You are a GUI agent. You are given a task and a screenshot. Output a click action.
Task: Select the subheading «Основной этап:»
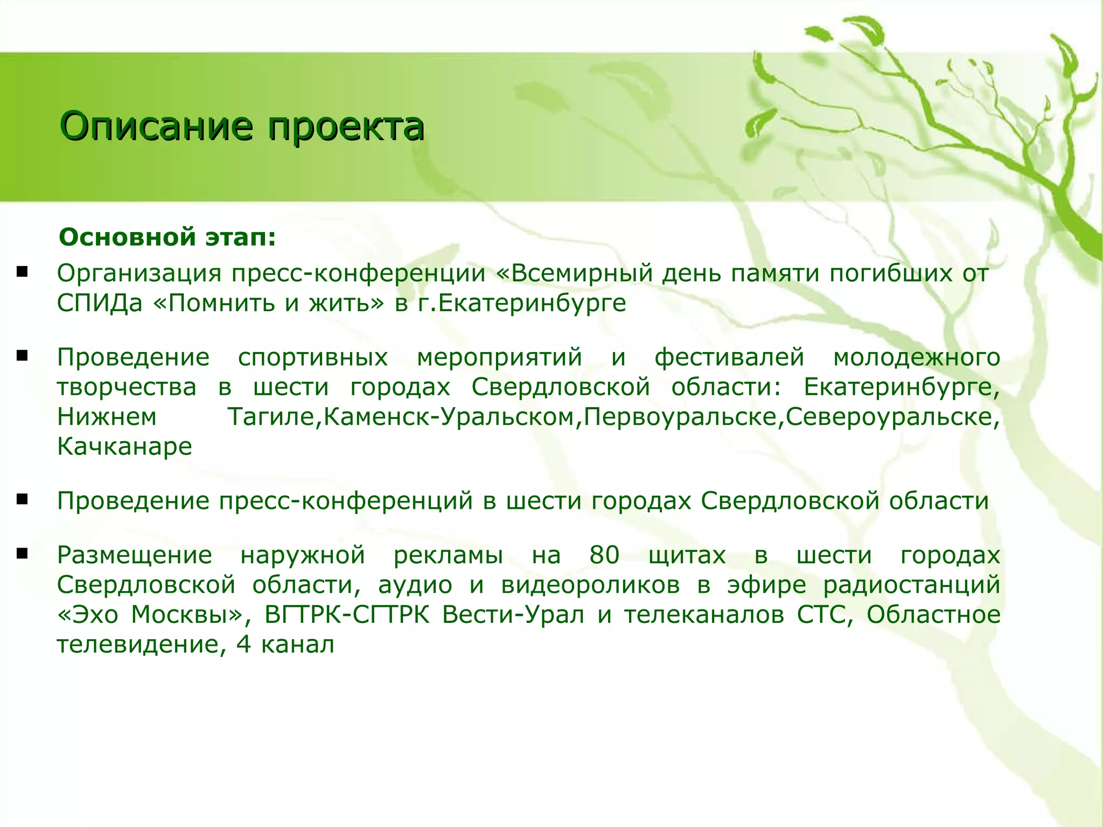pyautogui.click(x=167, y=237)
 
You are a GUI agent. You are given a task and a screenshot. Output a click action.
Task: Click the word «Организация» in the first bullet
pyautogui.click(x=139, y=274)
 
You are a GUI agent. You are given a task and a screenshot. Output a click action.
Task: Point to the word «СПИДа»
pyautogui.click(x=100, y=304)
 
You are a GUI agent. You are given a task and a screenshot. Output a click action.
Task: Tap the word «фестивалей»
pyautogui.click(x=729, y=358)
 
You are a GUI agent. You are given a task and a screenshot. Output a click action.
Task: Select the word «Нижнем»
pyautogui.click(x=107, y=417)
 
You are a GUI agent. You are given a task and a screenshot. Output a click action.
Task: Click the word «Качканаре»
pyautogui.click(x=124, y=447)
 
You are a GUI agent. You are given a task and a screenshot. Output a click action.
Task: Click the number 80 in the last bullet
pyautogui.click(x=604, y=555)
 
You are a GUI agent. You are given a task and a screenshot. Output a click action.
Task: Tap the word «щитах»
pyautogui.click(x=687, y=555)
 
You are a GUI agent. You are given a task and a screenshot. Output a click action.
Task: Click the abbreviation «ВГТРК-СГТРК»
pyautogui.click(x=347, y=615)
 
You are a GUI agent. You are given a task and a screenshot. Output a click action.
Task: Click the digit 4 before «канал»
pyautogui.click(x=243, y=644)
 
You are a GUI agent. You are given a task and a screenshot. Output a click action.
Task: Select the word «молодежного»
pyautogui.click(x=917, y=358)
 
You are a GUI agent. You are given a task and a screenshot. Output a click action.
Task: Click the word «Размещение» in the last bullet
pyautogui.click(x=135, y=555)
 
